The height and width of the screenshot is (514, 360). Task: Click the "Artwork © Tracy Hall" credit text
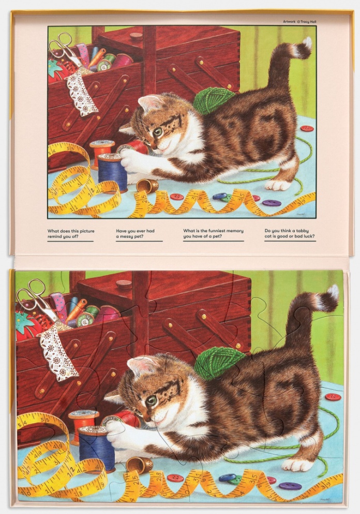pos(299,22)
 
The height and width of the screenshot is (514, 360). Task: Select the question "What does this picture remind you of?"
pos(71,233)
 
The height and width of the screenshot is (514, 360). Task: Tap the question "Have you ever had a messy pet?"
pos(135,233)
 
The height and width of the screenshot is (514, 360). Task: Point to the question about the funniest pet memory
pos(213,233)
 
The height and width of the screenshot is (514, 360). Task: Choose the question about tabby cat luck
pos(290,233)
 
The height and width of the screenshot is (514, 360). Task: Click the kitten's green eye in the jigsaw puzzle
pos(151,400)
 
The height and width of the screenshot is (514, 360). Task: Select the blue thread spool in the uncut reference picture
pos(113,172)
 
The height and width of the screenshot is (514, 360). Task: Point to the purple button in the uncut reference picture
pos(272,203)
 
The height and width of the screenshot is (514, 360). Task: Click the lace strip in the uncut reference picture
pos(82,93)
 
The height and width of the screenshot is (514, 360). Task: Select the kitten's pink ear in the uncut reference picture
pos(148,102)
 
